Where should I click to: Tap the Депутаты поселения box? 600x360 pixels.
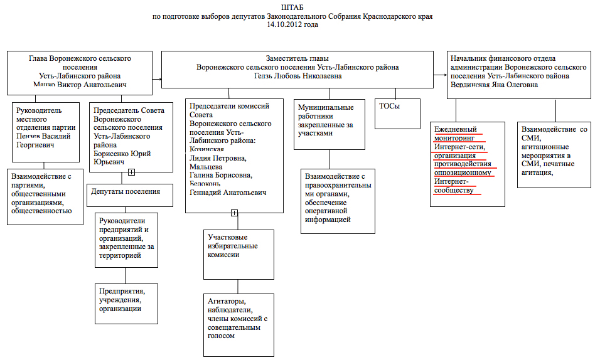point(129,196)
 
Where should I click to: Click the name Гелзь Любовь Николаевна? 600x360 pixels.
point(297,77)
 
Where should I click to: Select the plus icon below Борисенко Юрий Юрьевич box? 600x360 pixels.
point(131,172)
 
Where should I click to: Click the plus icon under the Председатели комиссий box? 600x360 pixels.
point(234,213)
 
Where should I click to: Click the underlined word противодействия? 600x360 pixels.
point(464,164)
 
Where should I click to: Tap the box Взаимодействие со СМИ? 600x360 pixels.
point(554,154)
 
